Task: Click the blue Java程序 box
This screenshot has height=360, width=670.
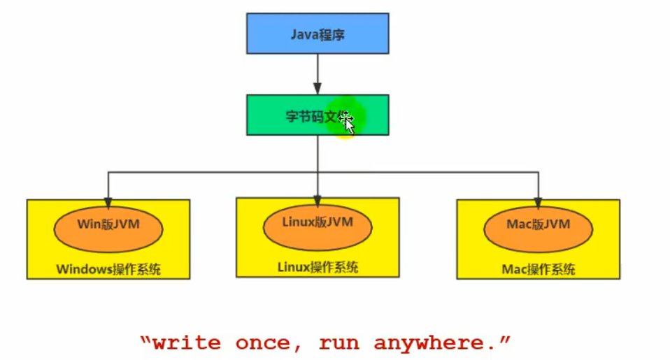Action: tap(317, 33)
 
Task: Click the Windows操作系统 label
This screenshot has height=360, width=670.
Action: tap(108, 269)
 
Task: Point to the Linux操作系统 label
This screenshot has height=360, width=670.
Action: tap(318, 266)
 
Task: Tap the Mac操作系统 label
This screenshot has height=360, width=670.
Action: tap(539, 269)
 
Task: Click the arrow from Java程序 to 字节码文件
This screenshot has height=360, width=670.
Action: tap(318, 73)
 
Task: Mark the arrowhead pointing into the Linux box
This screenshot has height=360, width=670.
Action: tap(318, 193)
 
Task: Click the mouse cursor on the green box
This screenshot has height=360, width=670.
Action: tap(348, 122)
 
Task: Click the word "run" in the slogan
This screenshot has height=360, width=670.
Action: tap(338, 343)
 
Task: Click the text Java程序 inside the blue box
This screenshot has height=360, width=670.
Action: tap(317, 33)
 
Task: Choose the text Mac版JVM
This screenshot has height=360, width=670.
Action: tap(538, 224)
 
